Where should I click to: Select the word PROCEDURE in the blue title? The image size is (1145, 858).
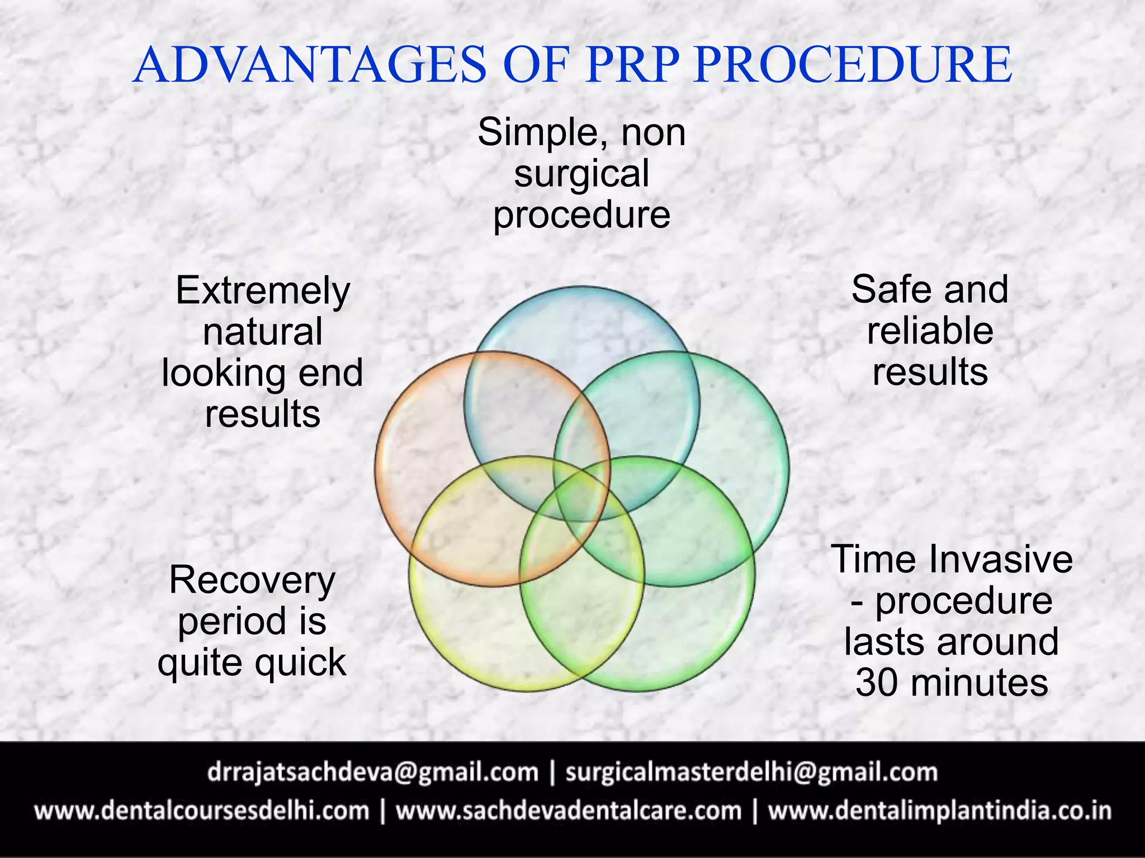853,65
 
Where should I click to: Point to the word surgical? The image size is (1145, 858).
581,174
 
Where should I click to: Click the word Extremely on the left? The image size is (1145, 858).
263,291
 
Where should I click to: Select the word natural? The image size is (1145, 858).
263,332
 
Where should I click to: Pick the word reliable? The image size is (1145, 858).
930,331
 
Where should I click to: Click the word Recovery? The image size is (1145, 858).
252,580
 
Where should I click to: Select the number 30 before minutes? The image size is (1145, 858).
877,683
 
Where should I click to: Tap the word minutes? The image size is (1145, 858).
979,683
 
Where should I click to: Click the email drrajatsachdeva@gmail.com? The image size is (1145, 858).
372,773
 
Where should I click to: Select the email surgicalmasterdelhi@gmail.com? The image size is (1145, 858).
751,773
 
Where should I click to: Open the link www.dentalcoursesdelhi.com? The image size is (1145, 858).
202,811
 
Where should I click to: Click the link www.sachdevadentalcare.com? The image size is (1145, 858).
569,811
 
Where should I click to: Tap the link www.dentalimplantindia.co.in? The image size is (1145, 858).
939,811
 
